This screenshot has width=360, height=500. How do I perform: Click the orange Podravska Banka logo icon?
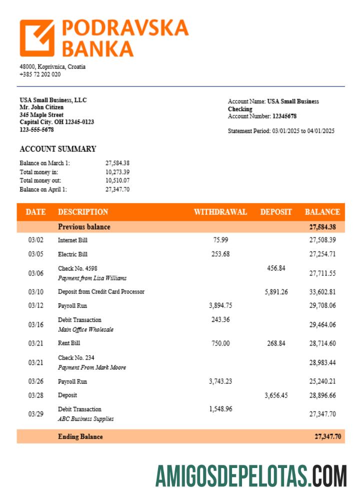pyautogui.click(x=37, y=38)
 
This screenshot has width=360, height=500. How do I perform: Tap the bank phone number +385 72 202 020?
pyautogui.click(x=40, y=74)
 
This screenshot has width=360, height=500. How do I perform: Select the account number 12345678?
pyautogui.click(x=284, y=116)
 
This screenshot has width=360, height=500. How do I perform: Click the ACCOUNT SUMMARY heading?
pyautogui.click(x=57, y=149)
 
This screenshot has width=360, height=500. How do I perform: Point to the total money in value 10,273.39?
pyautogui.click(x=117, y=171)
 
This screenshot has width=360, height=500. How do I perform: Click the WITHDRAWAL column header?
pyautogui.click(x=220, y=212)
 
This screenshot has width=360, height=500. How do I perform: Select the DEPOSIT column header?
pyautogui.click(x=275, y=212)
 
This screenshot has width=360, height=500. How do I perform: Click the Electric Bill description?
pyautogui.click(x=72, y=254)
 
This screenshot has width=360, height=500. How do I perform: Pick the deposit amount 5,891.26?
pyautogui.click(x=276, y=292)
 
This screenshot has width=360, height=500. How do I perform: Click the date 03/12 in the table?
pyautogui.click(x=35, y=305)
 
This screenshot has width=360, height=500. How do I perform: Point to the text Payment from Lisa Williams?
pyautogui.click(x=92, y=278)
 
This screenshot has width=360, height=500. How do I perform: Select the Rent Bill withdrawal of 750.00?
pyautogui.click(x=220, y=343)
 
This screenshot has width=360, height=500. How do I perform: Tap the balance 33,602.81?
pyautogui.click(x=322, y=292)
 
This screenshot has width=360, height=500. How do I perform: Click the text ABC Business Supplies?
pyautogui.click(x=85, y=419)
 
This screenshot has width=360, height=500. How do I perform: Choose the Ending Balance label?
pyautogui.click(x=80, y=436)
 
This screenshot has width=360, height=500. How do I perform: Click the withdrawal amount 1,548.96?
pyautogui.click(x=220, y=409)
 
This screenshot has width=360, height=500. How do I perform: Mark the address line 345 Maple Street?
pyautogui.click(x=41, y=114)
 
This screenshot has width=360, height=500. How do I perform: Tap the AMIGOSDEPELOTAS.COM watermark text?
pyautogui.click(x=250, y=475)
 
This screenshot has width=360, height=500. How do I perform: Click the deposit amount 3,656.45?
pyautogui.click(x=276, y=395)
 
